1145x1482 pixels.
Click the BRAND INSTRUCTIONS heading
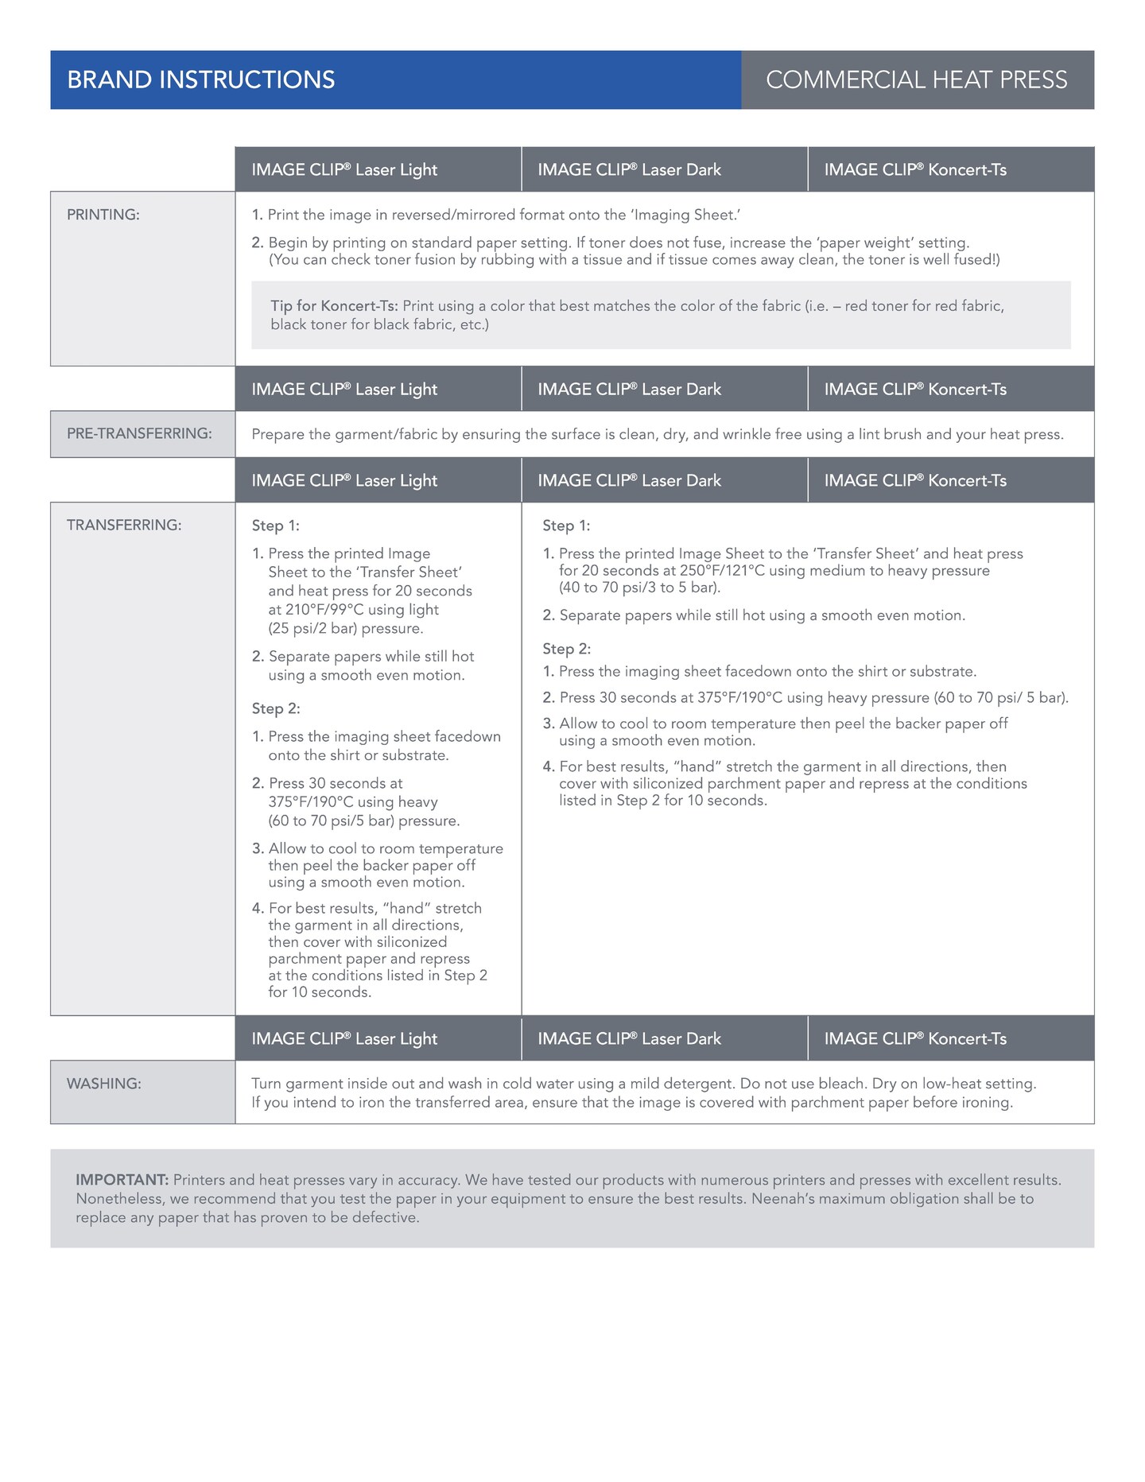201,80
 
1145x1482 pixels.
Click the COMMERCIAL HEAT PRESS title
916,80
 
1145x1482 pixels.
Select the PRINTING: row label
103,215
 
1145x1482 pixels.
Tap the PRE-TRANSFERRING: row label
139,433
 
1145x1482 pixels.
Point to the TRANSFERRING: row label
124,525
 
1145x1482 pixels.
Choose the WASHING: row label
104,1083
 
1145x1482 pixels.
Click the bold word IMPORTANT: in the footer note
122,1180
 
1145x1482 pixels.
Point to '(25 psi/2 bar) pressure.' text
346,628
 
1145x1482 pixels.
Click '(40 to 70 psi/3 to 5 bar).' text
639,588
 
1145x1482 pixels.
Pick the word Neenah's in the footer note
784,1198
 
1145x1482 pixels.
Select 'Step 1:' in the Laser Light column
275,526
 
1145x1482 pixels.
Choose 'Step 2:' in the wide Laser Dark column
566,649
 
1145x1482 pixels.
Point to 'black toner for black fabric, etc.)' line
379,324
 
